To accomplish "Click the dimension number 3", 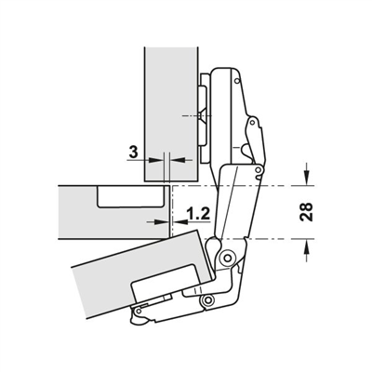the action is [x=133, y=152].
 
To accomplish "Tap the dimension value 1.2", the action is [x=198, y=213].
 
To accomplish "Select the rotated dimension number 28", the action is [x=306, y=212].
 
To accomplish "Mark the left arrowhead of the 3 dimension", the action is [x=155, y=160].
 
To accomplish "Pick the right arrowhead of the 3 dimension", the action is [x=177, y=160].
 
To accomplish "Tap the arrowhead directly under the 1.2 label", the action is [x=179, y=221].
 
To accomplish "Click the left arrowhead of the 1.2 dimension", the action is [x=161, y=221].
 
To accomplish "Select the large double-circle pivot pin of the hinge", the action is [x=228, y=258].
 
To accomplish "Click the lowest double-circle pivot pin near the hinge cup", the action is [x=207, y=299].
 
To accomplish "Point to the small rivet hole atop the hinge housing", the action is [x=237, y=81].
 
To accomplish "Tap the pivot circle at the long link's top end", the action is [x=258, y=169].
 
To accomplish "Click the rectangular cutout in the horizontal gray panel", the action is [x=130, y=196].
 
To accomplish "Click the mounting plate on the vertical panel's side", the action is [x=204, y=119].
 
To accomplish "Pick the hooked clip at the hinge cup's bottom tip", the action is [x=138, y=319].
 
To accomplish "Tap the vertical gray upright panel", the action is [x=171, y=114].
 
